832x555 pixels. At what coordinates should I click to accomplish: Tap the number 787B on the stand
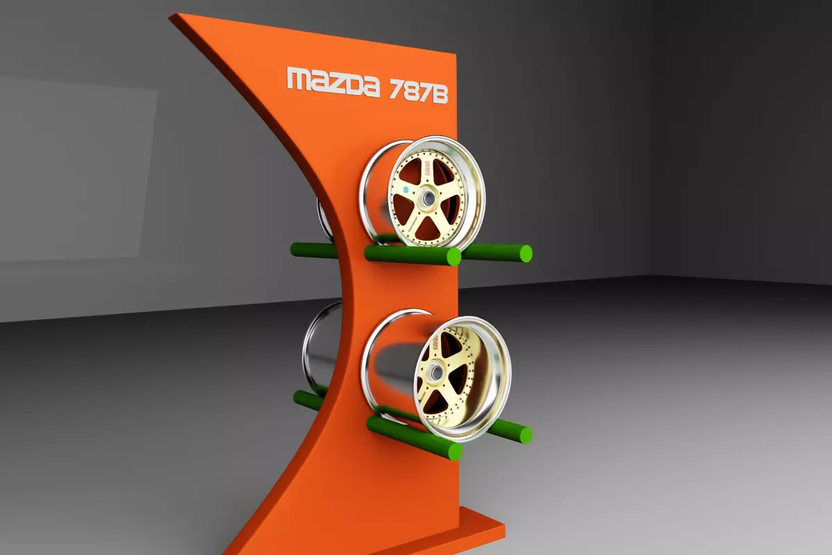419,91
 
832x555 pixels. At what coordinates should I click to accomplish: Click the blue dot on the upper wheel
405,188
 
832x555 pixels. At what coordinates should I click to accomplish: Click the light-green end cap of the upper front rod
453,257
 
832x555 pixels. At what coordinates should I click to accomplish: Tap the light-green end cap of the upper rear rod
526,253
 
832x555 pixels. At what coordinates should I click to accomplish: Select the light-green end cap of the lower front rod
455,452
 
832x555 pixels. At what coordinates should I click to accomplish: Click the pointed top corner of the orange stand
173,17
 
